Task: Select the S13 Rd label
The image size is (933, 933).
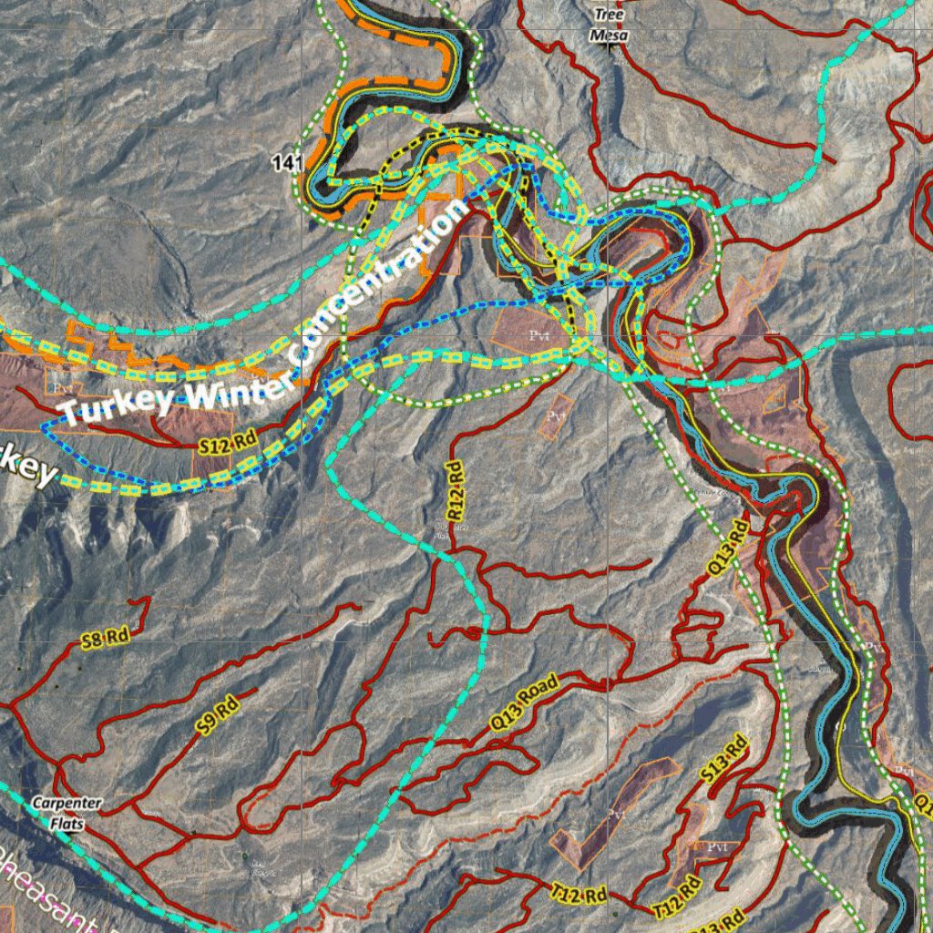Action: tap(724, 758)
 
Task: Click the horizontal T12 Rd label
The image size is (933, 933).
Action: tap(579, 894)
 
